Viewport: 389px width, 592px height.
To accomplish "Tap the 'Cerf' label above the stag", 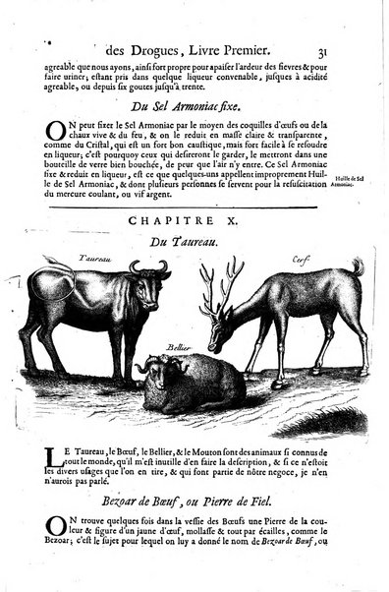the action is click(274, 262).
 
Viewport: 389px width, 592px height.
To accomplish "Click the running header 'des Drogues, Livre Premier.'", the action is click(187, 42).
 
